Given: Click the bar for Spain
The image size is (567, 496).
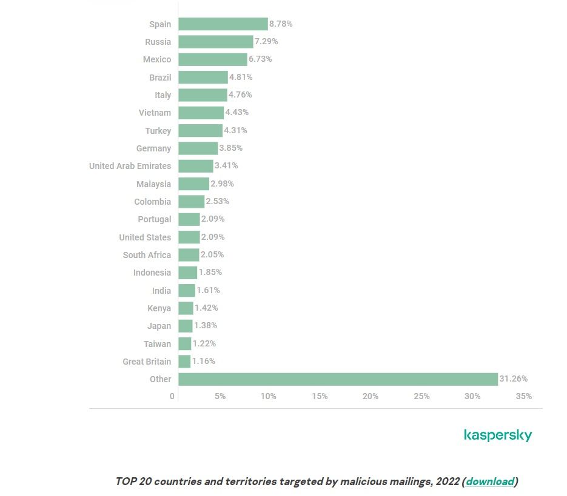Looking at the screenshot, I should point(223,24).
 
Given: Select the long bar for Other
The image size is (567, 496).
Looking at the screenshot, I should point(338,379).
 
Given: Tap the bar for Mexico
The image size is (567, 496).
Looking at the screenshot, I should point(212,59).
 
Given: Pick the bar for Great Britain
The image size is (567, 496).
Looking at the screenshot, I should point(184,362).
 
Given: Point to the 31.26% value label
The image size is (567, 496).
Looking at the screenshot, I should point(513,379).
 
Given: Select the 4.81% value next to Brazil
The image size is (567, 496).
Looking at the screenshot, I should point(241,78).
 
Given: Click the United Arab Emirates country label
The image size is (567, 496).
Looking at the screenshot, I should point(130,166).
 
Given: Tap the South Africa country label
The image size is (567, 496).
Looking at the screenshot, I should point(147,255).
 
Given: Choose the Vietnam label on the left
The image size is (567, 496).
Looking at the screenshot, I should point(155,113).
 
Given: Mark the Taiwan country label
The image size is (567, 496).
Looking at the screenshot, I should point(157,344).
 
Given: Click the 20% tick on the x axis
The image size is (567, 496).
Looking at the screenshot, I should point(371,396).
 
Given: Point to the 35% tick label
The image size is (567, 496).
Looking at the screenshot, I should point(524,396).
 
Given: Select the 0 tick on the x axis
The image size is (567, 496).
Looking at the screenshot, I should point(172,396).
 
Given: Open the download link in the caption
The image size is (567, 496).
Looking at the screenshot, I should point(490,482).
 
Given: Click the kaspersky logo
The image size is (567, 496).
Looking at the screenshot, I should point(497,435).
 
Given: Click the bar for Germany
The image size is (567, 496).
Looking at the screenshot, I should point(198,148).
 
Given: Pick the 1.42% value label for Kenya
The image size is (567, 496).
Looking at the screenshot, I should point(206,308).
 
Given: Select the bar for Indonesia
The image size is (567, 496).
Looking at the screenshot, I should point(187,273).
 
